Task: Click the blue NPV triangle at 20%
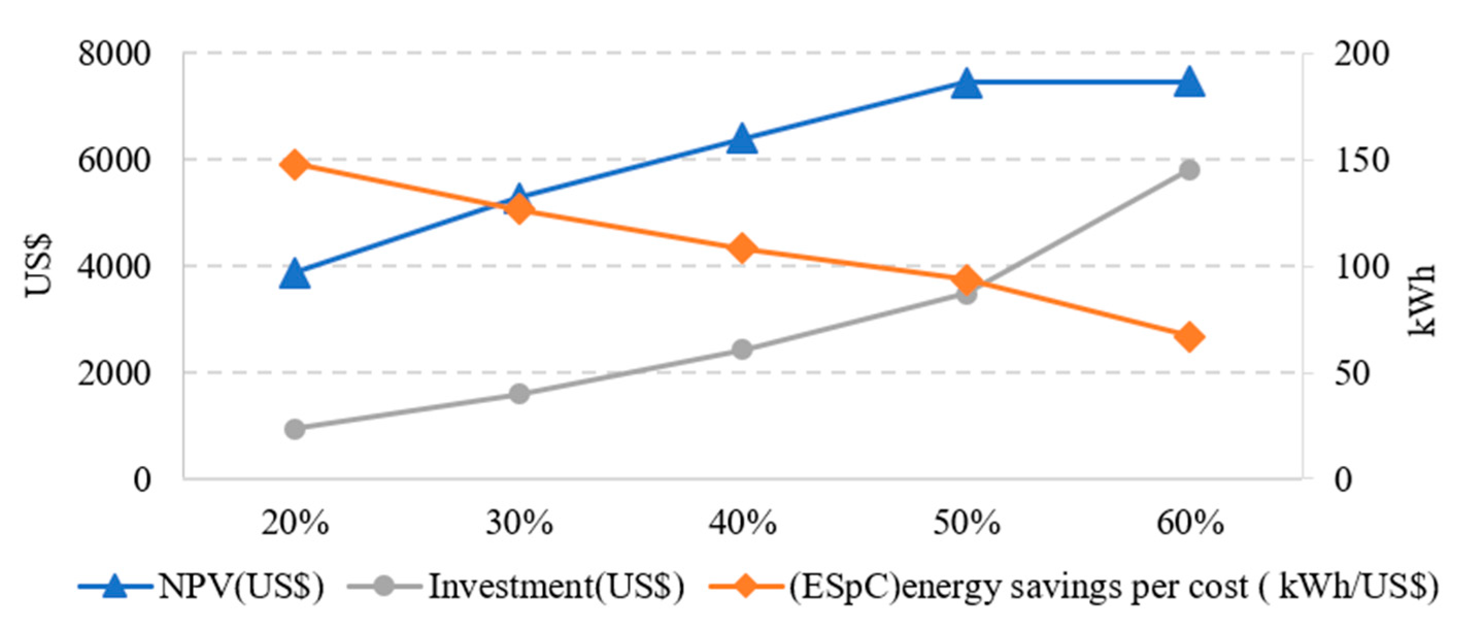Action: pos(295,274)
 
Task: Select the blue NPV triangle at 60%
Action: pos(1189,83)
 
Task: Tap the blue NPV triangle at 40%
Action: pos(742,140)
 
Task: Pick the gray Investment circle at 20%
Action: pos(295,428)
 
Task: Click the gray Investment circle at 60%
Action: pos(1189,170)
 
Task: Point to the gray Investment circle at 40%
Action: pos(742,350)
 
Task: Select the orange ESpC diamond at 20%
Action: pos(295,165)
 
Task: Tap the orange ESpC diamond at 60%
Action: pos(1189,337)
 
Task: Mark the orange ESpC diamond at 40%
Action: pos(742,248)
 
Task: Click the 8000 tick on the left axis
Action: pos(114,55)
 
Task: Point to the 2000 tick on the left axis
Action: pos(114,373)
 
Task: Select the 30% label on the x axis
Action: pos(519,523)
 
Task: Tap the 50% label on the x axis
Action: pos(967,523)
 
